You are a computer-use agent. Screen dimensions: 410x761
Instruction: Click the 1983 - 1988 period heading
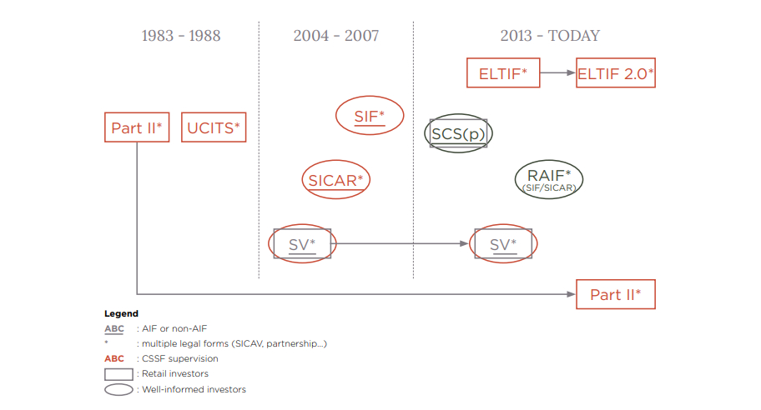[181, 36]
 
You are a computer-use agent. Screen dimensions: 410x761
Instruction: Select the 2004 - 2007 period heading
[335, 36]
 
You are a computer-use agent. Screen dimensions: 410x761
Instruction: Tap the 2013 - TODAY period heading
[549, 36]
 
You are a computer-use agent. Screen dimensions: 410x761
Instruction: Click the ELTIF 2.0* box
[616, 73]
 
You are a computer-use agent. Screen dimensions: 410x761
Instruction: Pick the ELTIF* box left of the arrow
[503, 73]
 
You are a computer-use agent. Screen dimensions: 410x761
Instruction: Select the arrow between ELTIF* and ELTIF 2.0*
[557, 73]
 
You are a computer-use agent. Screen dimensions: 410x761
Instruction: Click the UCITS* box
[214, 128]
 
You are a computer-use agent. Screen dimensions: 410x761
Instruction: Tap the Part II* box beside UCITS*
[137, 128]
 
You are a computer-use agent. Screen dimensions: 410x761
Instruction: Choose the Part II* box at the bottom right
[616, 294]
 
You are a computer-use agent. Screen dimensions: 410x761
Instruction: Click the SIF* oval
[370, 117]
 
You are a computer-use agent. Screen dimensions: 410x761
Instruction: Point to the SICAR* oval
[335, 180]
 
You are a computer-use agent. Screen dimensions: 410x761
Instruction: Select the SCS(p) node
[458, 133]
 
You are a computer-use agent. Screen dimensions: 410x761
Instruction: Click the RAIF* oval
[549, 178]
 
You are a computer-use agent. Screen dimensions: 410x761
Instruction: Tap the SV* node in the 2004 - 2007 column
[302, 244]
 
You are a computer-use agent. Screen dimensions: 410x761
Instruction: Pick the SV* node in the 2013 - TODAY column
[503, 244]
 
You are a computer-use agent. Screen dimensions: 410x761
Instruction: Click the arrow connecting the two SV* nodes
[401, 244]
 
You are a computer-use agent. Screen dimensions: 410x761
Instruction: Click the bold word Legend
[121, 314]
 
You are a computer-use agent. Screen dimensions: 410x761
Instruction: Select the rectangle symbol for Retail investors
[118, 373]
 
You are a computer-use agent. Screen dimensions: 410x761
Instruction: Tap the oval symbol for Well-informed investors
[118, 389]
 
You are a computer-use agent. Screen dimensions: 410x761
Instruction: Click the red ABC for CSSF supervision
[114, 358]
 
